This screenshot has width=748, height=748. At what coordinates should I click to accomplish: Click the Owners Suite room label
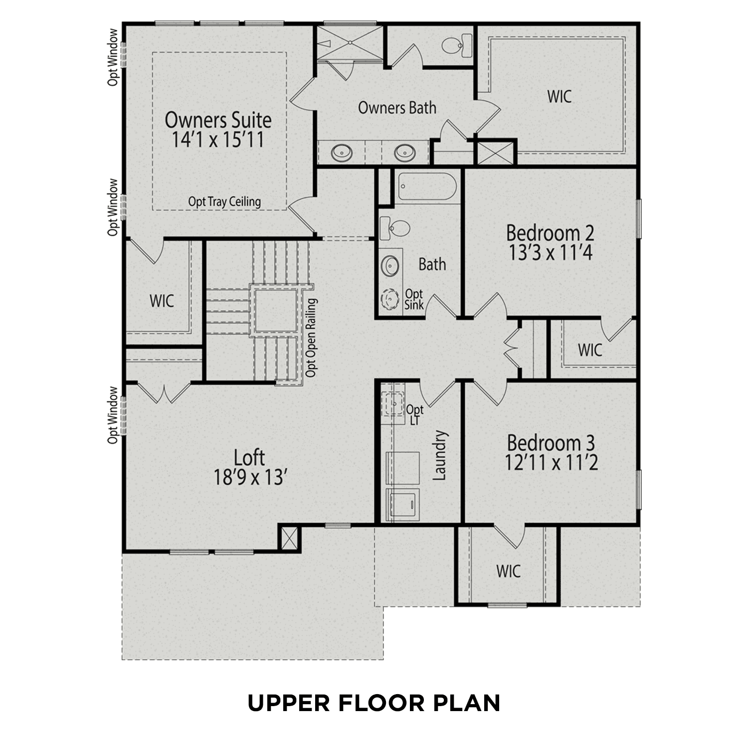(x=218, y=120)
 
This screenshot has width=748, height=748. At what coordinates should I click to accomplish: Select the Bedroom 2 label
(x=550, y=233)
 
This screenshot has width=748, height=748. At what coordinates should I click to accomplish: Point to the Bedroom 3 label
(x=551, y=443)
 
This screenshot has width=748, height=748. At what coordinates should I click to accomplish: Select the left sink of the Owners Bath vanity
(x=342, y=152)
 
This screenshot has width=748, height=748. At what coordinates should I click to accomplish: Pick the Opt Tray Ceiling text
(x=224, y=201)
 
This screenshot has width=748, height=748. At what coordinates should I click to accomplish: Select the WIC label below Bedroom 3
(x=508, y=571)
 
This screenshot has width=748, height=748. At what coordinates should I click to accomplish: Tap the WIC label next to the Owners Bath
(x=559, y=96)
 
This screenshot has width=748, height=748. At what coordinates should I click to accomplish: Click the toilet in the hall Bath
(x=395, y=229)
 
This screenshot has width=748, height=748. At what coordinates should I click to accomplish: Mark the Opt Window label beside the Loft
(x=114, y=415)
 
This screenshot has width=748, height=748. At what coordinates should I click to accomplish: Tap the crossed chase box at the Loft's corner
(x=289, y=538)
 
